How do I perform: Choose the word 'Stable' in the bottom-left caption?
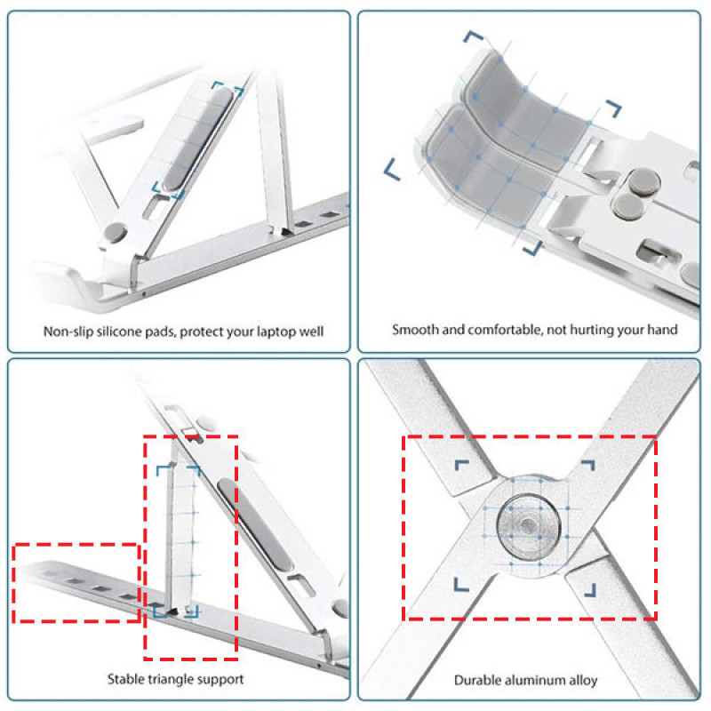click(x=122, y=679)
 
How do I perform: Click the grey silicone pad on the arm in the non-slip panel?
click(x=198, y=139)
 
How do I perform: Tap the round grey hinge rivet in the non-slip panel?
click(x=116, y=232)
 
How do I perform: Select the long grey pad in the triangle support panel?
click(x=255, y=525)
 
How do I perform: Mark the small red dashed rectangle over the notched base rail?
click(x=76, y=583)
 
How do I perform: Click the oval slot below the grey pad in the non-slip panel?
click(x=155, y=208)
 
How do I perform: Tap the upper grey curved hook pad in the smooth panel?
click(x=526, y=110)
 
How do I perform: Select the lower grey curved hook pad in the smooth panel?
click(x=488, y=169)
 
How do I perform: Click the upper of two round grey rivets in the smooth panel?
click(x=643, y=182)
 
